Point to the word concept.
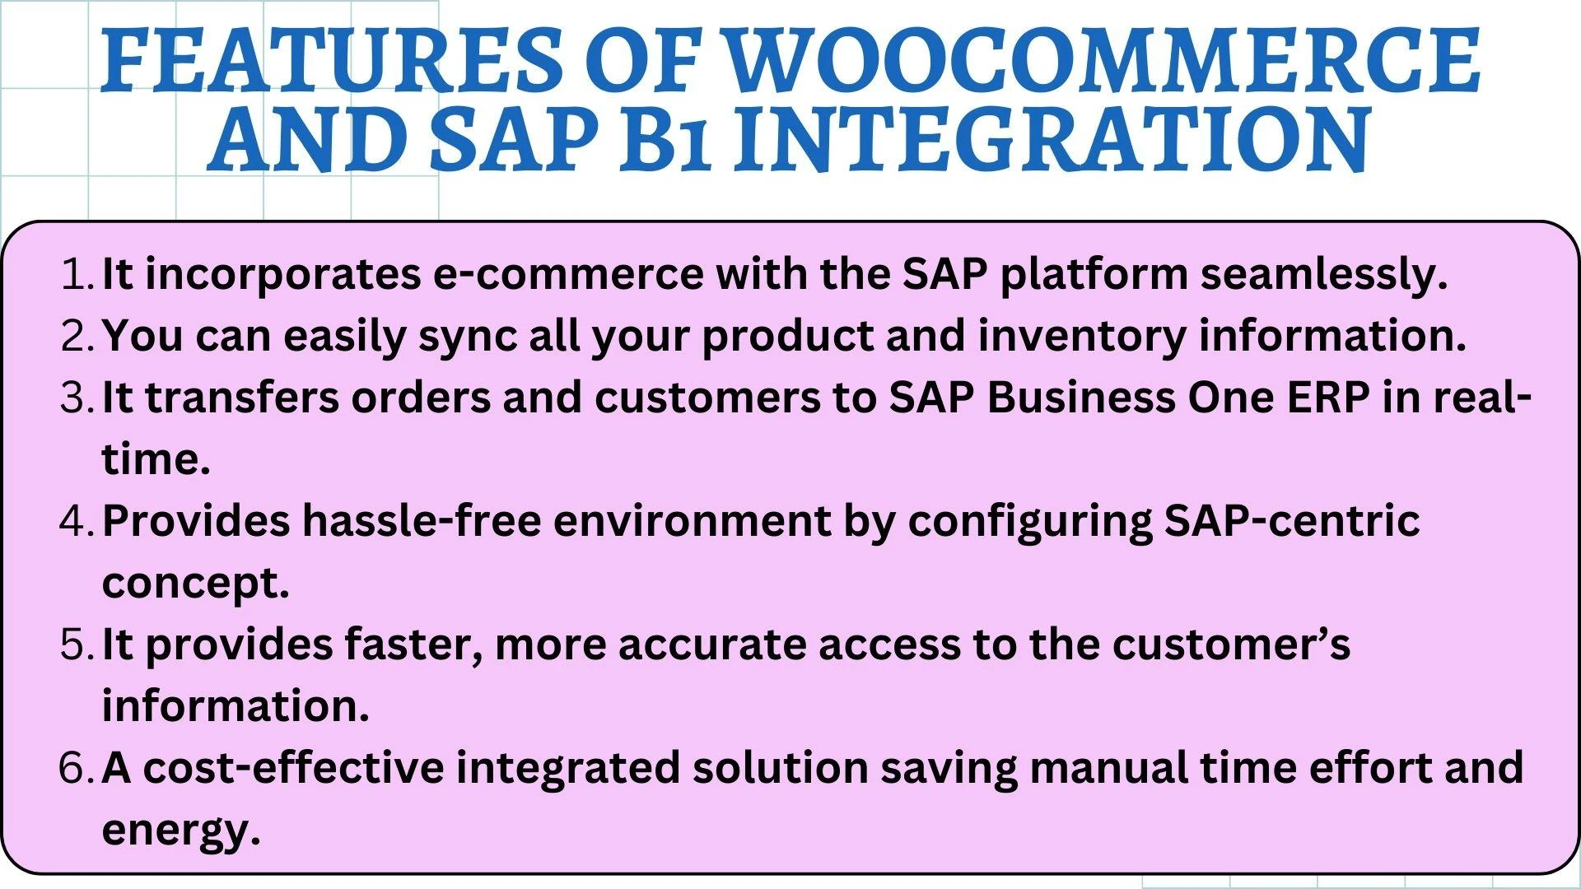pyautogui.click(x=195, y=583)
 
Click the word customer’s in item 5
pyautogui.click(x=1231, y=645)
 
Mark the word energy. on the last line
pyautogui.click(x=181, y=830)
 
